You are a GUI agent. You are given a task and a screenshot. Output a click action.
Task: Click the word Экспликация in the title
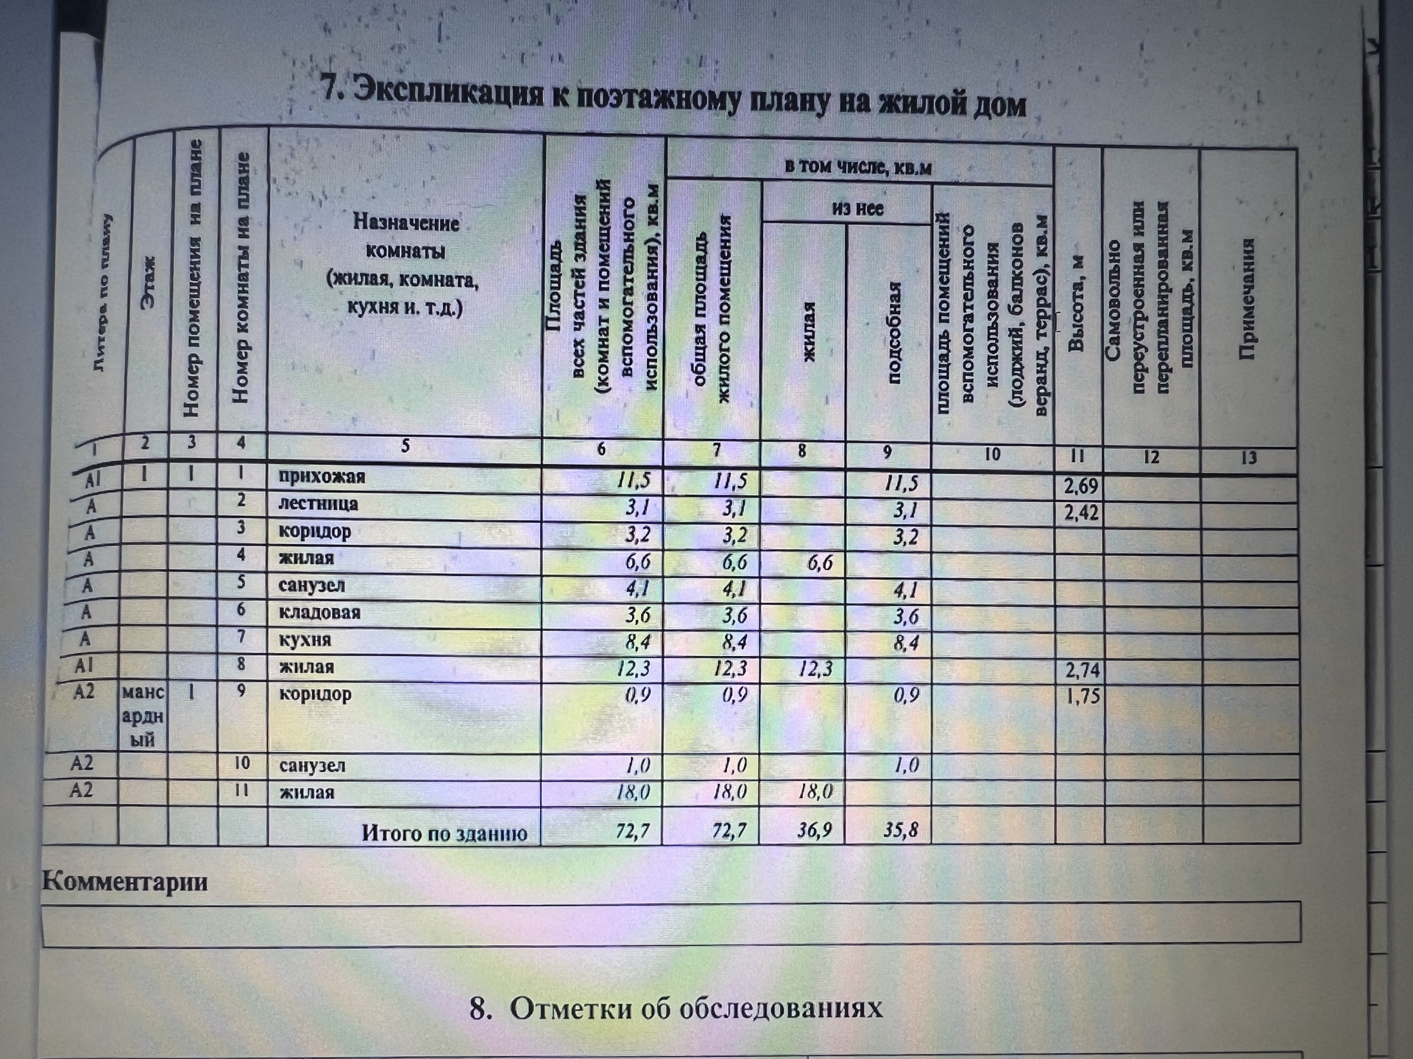[x=448, y=93]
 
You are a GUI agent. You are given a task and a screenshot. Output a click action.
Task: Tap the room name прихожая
[x=322, y=477]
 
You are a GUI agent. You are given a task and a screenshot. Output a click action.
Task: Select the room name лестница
[x=318, y=504]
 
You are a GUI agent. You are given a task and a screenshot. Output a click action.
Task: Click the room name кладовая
[x=319, y=613]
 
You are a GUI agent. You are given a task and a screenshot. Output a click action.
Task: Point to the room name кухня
[x=305, y=640]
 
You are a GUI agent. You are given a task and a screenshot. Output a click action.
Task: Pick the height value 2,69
[x=1080, y=486]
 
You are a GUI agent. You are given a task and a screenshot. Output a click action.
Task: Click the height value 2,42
[x=1081, y=512]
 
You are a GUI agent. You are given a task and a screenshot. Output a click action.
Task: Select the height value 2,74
[x=1082, y=670]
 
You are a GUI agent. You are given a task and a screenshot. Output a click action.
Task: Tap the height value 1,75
[x=1083, y=696]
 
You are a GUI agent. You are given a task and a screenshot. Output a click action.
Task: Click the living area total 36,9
[x=814, y=830]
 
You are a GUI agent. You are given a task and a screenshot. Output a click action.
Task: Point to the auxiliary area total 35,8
[x=901, y=830]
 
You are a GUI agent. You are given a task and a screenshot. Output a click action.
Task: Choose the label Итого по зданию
[x=444, y=833]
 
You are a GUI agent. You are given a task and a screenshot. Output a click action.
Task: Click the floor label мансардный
[x=143, y=716]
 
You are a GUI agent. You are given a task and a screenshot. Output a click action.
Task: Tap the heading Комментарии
[x=124, y=881]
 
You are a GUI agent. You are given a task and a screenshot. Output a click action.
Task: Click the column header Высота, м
[x=1076, y=303]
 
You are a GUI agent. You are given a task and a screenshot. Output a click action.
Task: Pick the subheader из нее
[x=857, y=209]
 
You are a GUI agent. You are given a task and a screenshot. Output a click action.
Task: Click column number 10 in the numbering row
[x=992, y=454]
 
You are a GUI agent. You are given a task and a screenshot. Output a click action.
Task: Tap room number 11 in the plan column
[x=241, y=791]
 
